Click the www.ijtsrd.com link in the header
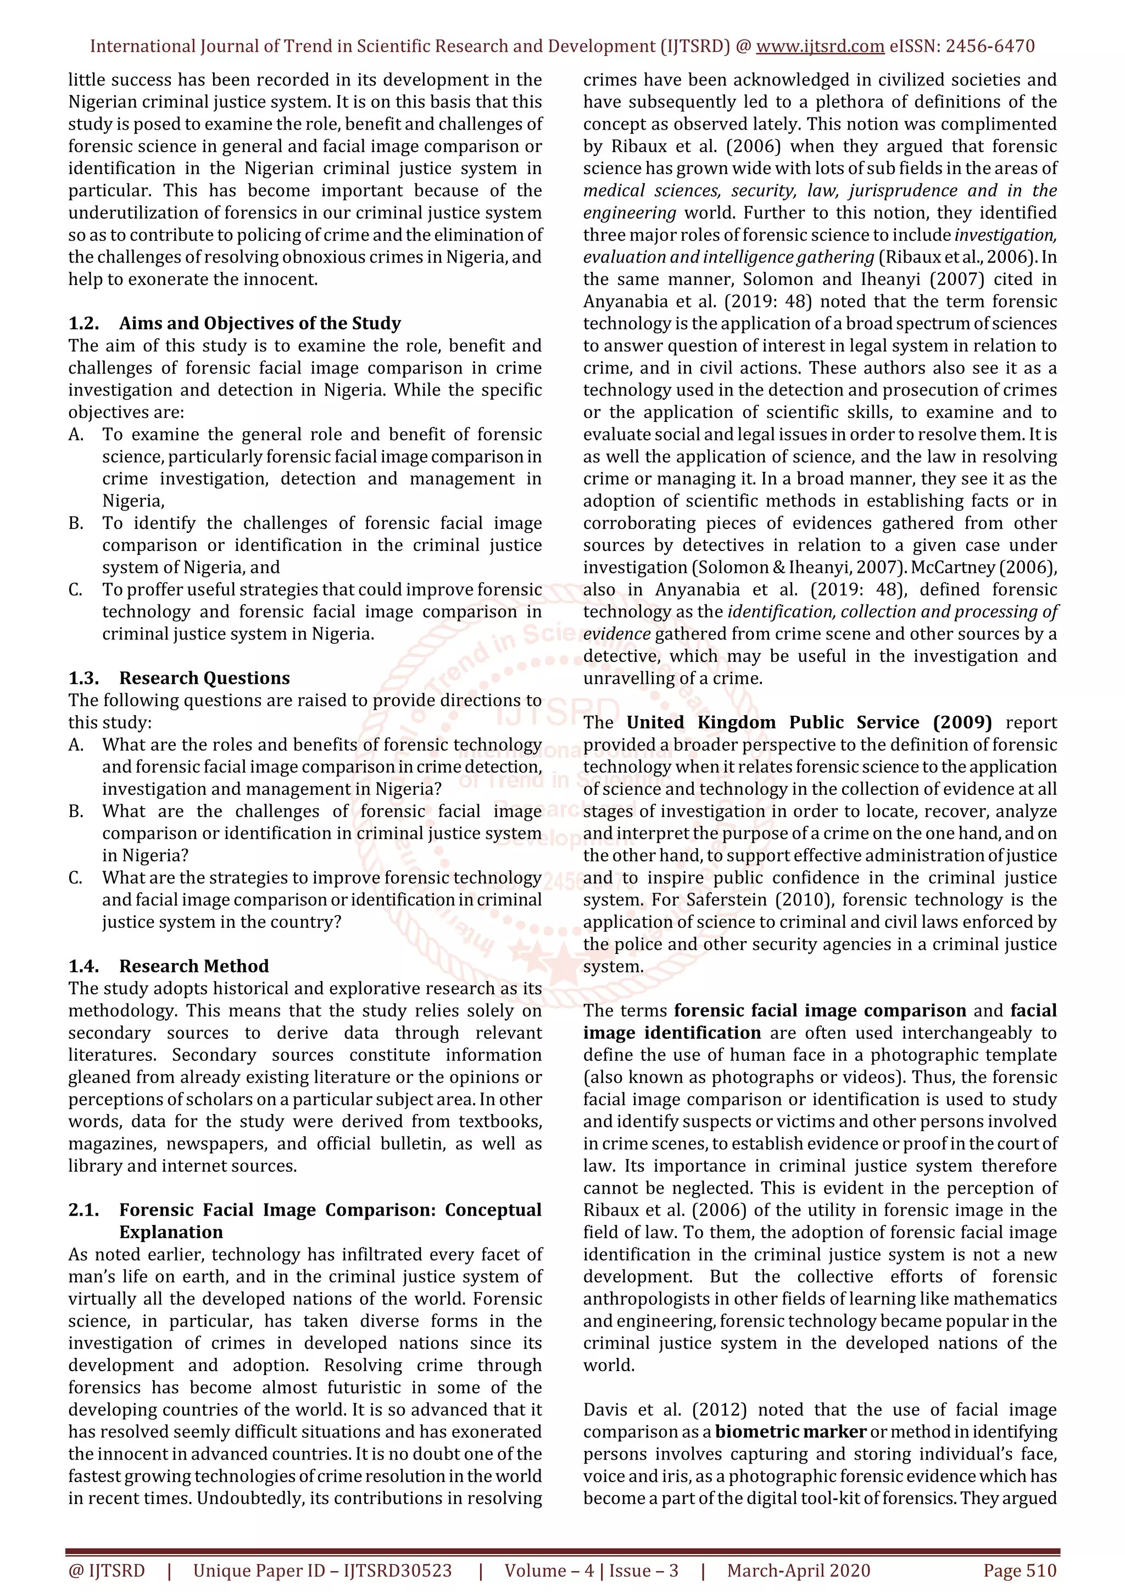tap(820, 47)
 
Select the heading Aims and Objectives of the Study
tap(260, 324)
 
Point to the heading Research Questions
tap(204, 678)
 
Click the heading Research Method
tap(194, 967)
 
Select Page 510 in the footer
tap(1020, 1571)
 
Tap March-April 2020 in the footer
tap(799, 1571)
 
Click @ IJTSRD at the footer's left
tap(106, 1571)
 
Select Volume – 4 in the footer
tap(549, 1571)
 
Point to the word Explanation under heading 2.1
tap(171, 1232)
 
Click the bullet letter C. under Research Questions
tap(76, 878)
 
